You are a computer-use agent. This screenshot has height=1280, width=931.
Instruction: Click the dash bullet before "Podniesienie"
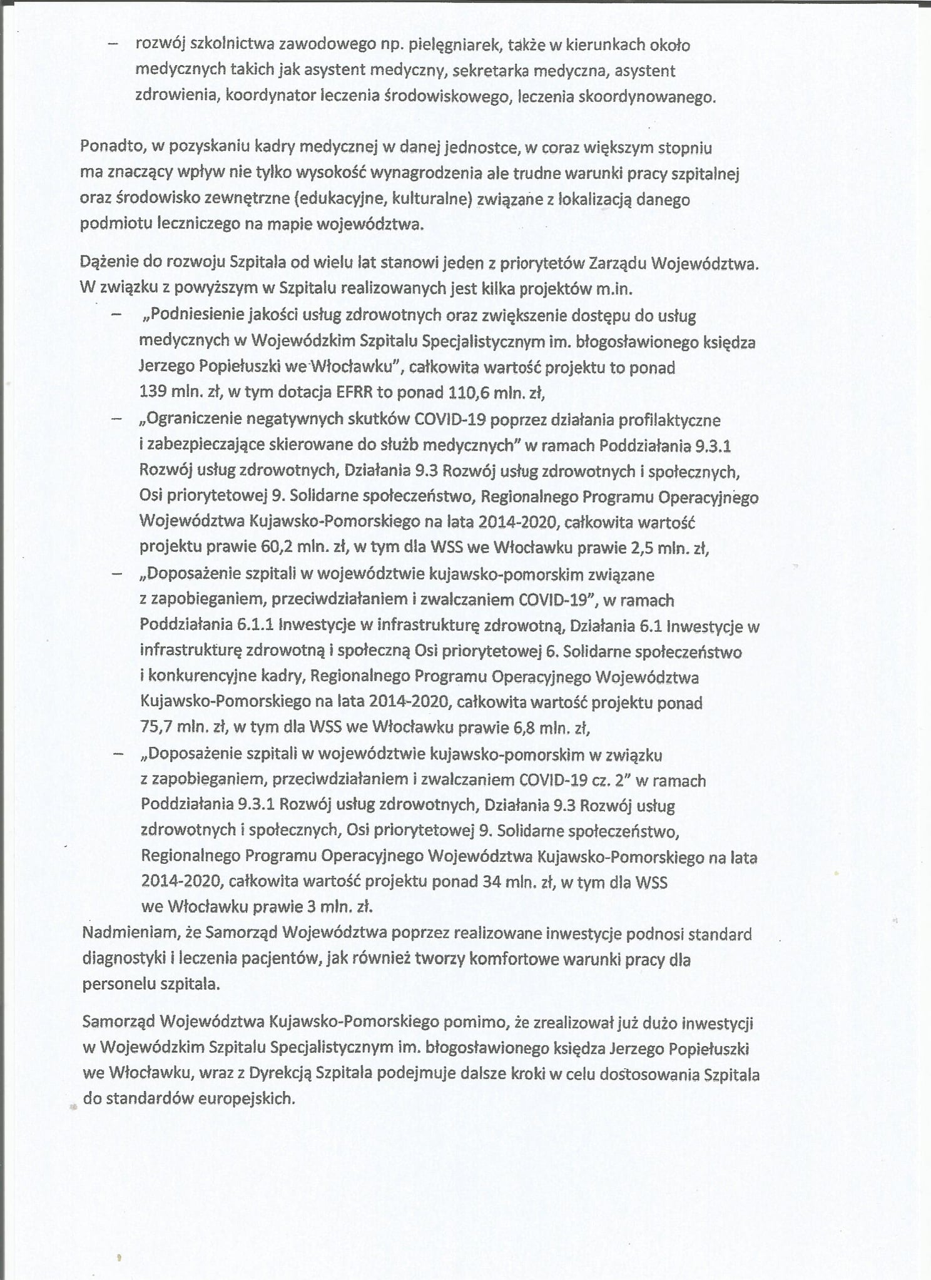[x=116, y=316]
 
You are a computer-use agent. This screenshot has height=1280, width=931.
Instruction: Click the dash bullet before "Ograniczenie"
[x=116, y=419]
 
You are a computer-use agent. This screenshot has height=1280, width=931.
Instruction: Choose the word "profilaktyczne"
[x=669, y=419]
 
